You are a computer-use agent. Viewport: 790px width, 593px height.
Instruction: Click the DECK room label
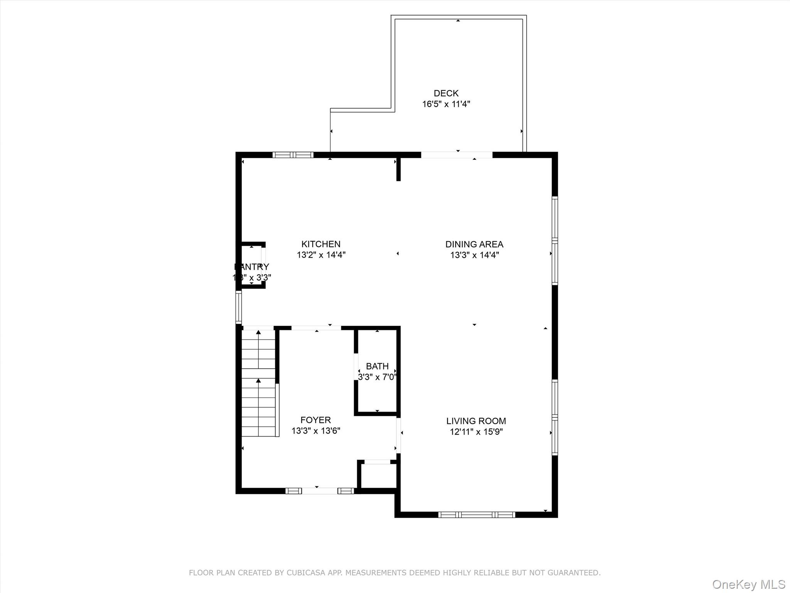446,93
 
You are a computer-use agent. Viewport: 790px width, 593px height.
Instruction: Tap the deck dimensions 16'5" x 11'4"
446,104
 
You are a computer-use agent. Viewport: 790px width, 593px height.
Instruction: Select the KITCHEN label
321,244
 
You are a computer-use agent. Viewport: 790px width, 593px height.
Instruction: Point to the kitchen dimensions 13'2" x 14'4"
321,255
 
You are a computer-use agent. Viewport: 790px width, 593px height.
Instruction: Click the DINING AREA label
474,244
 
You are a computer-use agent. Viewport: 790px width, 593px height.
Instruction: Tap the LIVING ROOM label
476,421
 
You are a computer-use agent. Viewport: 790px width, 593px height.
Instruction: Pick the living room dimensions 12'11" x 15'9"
476,432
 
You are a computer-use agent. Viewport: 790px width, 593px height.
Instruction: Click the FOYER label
315,420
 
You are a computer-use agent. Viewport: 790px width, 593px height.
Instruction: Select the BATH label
377,366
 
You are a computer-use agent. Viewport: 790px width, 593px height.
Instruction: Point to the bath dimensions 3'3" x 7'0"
377,377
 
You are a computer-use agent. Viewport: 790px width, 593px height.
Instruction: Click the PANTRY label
252,267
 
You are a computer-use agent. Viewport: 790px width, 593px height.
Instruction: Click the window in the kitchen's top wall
293,155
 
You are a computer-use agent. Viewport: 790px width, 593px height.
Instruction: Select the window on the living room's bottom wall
476,514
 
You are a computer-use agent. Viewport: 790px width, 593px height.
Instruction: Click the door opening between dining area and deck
456,155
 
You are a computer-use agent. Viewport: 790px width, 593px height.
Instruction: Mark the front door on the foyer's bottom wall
319,491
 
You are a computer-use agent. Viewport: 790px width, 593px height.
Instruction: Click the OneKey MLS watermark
748,584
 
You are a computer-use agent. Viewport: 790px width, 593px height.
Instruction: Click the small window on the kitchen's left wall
239,307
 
